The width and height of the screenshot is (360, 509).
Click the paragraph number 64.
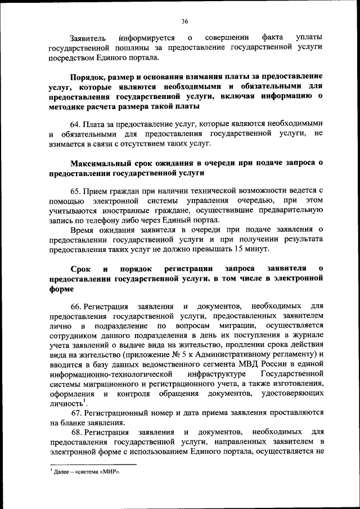tap(76, 124)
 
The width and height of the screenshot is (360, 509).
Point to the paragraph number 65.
tap(76, 191)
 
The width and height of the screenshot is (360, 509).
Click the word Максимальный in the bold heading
tap(100, 163)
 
